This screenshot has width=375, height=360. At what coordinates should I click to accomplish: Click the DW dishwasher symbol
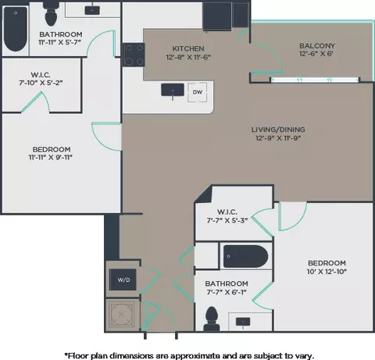click(198, 92)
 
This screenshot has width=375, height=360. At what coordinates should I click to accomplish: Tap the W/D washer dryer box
click(123, 280)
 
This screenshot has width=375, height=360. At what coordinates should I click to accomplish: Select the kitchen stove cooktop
click(134, 55)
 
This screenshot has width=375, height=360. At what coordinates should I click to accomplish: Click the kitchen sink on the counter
click(173, 90)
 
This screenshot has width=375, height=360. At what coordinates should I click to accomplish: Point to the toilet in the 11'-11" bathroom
click(51, 13)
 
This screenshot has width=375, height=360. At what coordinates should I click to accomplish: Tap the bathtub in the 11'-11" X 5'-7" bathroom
click(16, 29)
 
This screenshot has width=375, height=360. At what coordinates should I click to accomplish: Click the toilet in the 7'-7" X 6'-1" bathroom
click(212, 319)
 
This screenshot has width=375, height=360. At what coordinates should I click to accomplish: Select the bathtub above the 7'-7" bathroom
click(245, 256)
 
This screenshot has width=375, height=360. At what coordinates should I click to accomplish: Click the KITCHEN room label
click(188, 48)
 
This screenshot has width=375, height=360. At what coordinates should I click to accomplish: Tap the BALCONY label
click(317, 46)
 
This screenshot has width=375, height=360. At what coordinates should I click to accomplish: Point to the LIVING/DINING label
click(278, 130)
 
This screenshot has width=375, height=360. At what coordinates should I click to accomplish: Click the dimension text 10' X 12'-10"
click(327, 272)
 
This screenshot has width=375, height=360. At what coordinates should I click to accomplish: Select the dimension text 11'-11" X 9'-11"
click(50, 157)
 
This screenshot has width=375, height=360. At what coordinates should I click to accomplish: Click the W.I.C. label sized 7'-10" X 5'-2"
click(41, 75)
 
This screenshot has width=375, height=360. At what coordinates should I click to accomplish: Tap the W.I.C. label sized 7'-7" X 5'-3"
click(227, 212)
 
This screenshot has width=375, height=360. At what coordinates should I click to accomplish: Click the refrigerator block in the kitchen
click(217, 16)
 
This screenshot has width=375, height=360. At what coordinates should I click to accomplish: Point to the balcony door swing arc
click(271, 54)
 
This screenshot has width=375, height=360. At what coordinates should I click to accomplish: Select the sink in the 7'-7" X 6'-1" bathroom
click(243, 322)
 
